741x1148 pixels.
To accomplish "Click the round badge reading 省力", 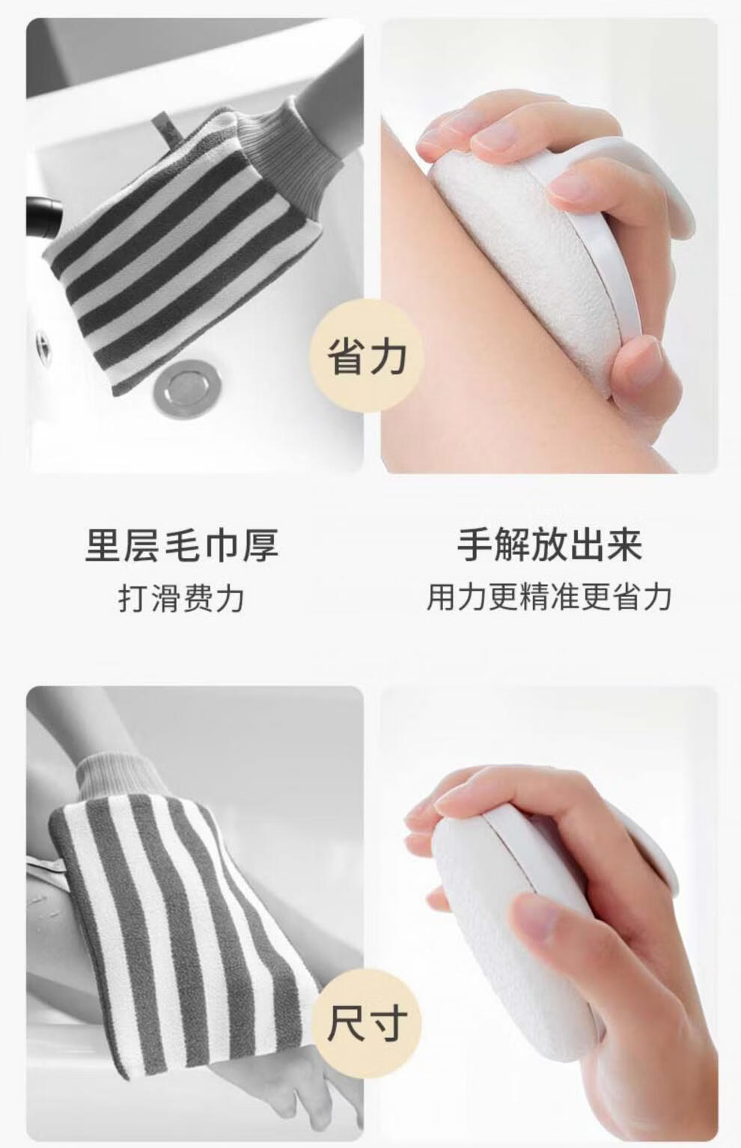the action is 367,356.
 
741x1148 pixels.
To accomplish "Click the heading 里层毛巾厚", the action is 183,545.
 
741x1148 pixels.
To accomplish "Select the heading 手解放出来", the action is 549,545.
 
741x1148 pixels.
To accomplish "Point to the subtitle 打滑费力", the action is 182,598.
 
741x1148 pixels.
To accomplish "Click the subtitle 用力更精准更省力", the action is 549,598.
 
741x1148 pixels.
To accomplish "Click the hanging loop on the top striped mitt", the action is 167,131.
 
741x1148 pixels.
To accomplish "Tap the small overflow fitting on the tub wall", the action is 43,344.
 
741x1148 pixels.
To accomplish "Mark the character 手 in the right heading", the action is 475,545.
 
